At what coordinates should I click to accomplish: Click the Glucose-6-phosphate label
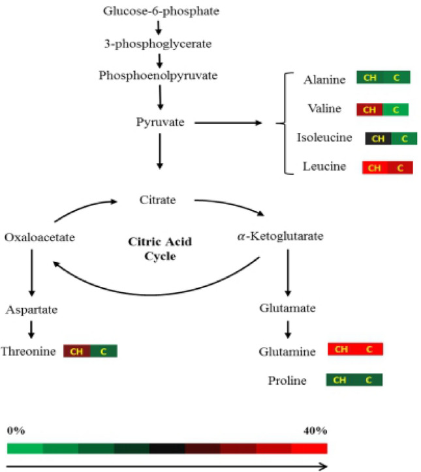pos(161,11)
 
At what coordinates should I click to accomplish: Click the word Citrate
pos(158,199)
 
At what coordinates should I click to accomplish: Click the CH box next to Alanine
pos(369,78)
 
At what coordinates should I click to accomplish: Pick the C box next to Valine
pos(396,110)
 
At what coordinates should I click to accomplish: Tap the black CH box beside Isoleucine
pos(378,139)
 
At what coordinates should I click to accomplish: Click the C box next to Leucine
pos(400,168)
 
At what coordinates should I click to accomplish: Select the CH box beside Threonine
pos(76,352)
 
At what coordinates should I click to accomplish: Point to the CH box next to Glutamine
pos(341,350)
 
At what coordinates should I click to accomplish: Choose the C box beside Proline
pos(369,380)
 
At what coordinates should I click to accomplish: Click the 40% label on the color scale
pos(315,431)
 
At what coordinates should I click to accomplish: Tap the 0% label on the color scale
pos(16,431)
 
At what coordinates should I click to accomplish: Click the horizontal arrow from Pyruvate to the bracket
pos(228,123)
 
